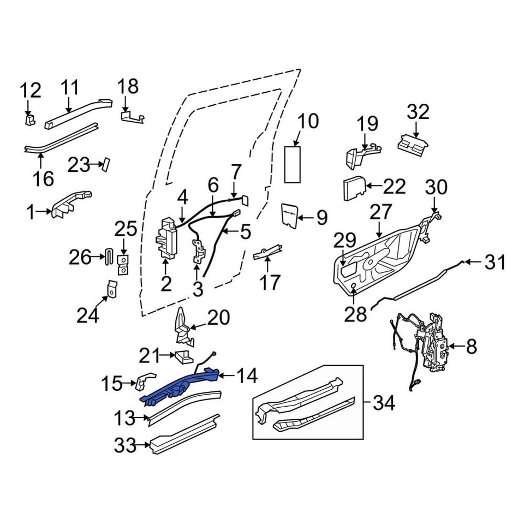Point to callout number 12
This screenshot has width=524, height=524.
pyautogui.click(x=31, y=90)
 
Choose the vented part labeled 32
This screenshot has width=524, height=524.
pyautogui.click(x=413, y=143)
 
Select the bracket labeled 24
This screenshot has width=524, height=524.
pyautogui.click(x=112, y=289)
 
